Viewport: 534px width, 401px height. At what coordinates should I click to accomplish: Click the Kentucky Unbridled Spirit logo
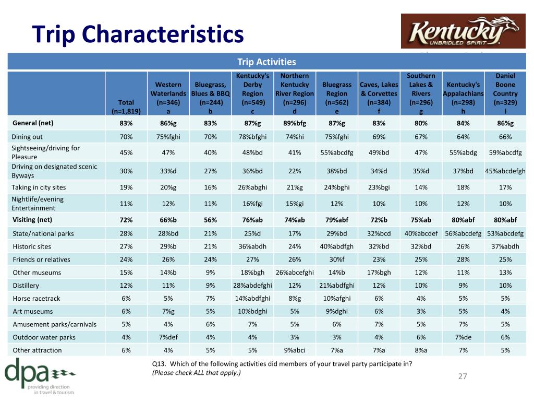click(463, 31)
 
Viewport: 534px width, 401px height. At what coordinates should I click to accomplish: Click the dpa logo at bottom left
click(40, 376)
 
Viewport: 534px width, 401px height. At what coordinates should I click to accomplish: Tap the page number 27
click(463, 376)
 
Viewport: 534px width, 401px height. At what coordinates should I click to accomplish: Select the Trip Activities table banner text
click(266, 62)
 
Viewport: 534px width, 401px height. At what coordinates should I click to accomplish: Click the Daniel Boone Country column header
click(505, 93)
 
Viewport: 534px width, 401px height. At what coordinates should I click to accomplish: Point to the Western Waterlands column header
click(168, 98)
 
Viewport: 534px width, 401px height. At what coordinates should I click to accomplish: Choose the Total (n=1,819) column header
click(126, 107)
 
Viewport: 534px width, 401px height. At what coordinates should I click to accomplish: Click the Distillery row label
click(26, 286)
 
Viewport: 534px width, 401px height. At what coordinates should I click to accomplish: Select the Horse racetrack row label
click(37, 298)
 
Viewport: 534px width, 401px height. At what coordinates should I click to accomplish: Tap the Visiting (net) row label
click(32, 220)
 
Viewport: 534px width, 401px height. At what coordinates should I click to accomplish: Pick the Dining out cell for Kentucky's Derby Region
click(252, 137)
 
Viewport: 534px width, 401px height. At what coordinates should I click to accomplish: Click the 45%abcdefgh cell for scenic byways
click(505, 171)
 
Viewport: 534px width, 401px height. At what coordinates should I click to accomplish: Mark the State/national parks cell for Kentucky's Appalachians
click(463, 233)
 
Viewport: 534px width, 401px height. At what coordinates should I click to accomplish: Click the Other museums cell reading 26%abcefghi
click(295, 273)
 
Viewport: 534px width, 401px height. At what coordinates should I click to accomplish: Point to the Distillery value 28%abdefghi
click(252, 286)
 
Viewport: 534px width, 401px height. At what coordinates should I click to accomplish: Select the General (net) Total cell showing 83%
click(126, 123)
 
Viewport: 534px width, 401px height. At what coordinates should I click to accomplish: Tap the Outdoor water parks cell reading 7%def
click(168, 337)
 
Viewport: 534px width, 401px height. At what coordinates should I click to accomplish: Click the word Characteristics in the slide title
click(163, 34)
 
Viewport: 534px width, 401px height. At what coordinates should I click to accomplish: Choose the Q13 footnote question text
click(282, 368)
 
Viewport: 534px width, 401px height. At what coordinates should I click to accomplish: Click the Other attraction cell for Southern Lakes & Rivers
click(421, 350)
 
